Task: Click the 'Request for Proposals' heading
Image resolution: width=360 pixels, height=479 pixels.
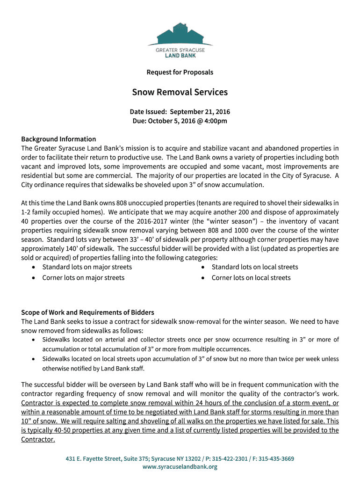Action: (180, 72)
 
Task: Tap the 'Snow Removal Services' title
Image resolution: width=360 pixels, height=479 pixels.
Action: (180, 92)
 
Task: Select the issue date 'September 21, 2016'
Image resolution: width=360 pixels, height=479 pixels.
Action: (200, 112)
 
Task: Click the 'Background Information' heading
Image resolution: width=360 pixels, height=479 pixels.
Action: (58, 139)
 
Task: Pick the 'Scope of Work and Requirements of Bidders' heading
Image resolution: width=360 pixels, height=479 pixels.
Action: (87, 312)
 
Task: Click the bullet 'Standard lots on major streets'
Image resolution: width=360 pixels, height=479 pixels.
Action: (87, 267)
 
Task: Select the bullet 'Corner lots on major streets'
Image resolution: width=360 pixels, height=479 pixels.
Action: (83, 278)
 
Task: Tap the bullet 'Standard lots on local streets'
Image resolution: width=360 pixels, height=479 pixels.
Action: (255, 267)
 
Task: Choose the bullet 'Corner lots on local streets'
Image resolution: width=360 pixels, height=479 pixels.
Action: (251, 278)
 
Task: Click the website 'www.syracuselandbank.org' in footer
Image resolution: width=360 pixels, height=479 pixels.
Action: (180, 467)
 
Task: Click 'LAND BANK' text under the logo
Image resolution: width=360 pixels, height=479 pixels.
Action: (180, 55)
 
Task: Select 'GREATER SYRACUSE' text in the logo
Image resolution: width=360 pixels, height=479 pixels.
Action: (180, 50)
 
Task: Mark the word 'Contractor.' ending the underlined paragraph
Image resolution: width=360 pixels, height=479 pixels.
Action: (38, 439)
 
